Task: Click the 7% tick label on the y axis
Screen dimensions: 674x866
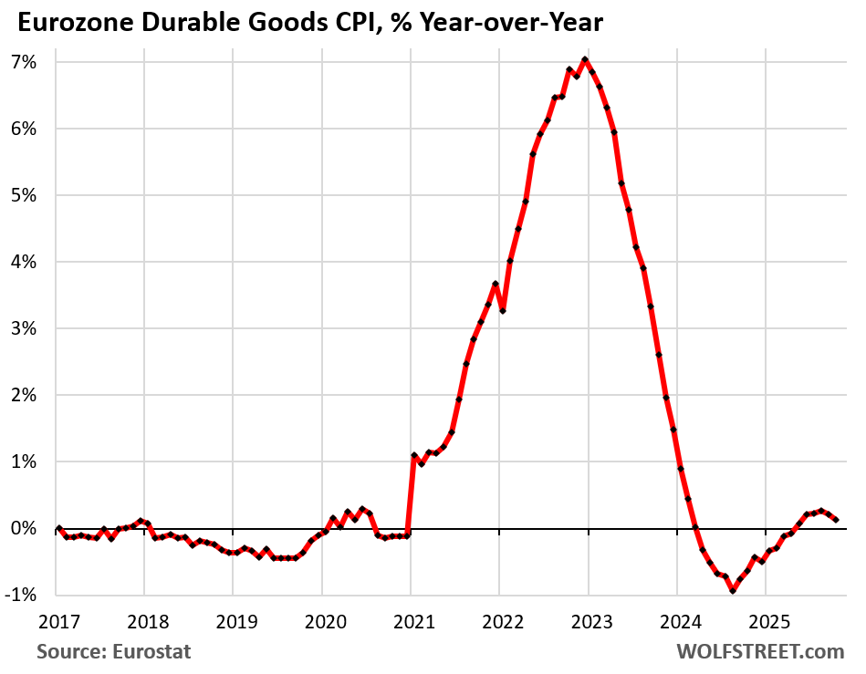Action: click(23, 62)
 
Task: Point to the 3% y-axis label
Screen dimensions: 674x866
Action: click(23, 328)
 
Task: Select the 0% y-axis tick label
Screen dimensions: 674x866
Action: click(23, 529)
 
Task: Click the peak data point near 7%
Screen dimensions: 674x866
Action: click(584, 60)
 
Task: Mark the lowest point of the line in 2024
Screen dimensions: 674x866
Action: click(732, 591)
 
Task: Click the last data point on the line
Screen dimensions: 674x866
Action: click(836, 520)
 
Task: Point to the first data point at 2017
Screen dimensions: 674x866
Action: click(58, 529)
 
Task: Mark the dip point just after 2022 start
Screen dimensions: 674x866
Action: click(503, 311)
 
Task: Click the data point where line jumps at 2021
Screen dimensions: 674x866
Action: click(413, 455)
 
